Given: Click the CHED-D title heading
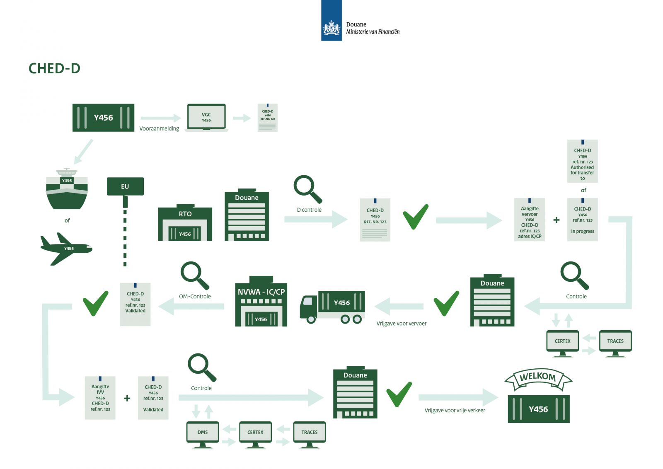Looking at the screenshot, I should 54,68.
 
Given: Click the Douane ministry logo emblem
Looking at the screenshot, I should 331,28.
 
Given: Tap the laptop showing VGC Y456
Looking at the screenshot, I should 206,118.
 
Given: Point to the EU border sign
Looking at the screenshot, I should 125,186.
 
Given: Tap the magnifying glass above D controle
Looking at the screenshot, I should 307,189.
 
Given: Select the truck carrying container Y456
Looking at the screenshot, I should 333,307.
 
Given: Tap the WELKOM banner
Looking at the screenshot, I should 538,378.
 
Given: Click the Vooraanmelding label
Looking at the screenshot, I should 159,129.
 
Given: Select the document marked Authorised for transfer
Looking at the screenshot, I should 582,162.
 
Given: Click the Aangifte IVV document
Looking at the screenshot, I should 100,398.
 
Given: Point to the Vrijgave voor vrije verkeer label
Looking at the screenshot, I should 455,411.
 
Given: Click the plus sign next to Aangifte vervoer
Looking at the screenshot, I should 557,220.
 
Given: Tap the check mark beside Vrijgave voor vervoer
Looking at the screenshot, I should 446,303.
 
